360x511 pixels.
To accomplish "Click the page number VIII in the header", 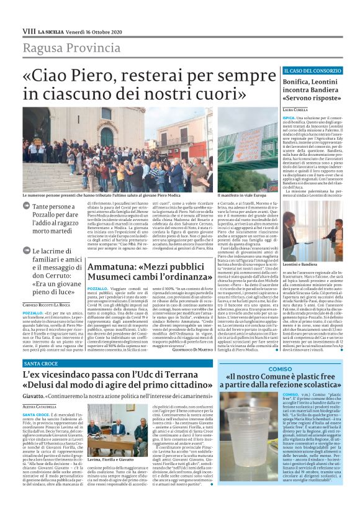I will coord(29,30).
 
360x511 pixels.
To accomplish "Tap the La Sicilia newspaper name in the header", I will coord(50,30).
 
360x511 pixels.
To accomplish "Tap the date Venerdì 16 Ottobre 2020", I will coord(95,30).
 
